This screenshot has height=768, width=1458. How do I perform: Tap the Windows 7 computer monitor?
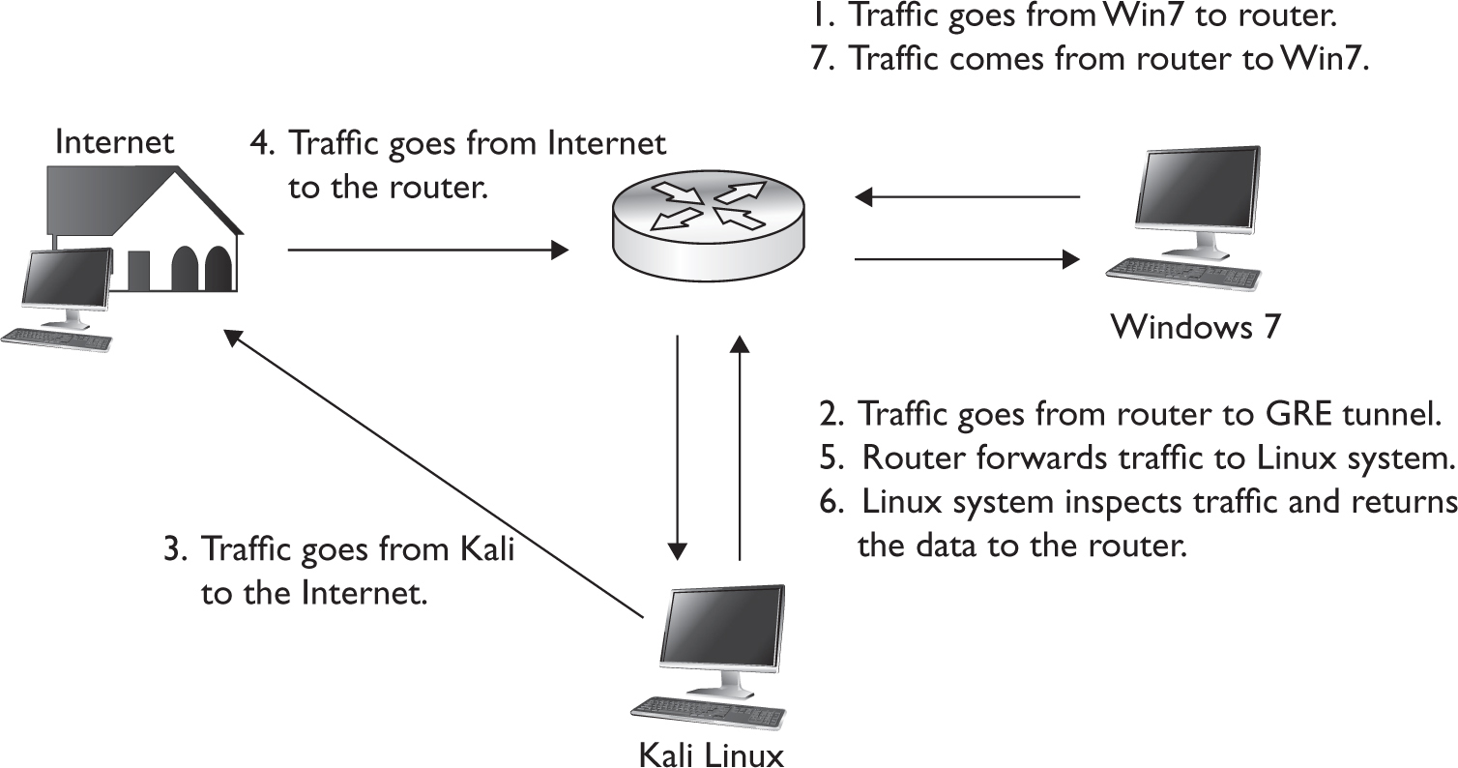click(x=1199, y=200)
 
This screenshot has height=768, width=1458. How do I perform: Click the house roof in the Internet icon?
click(x=145, y=198)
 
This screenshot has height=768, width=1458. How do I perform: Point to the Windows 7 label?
click(x=1196, y=327)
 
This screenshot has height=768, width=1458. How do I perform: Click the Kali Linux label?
click(x=711, y=753)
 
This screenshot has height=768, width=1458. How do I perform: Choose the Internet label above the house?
click(x=115, y=142)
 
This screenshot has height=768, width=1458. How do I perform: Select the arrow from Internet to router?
click(x=426, y=251)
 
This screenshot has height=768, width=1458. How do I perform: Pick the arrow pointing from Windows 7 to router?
click(x=967, y=197)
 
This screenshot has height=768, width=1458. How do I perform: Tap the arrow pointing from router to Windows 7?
click(x=967, y=258)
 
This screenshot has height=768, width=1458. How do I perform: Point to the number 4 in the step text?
click(x=259, y=144)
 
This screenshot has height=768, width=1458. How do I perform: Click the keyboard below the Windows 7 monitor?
click(x=1182, y=275)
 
